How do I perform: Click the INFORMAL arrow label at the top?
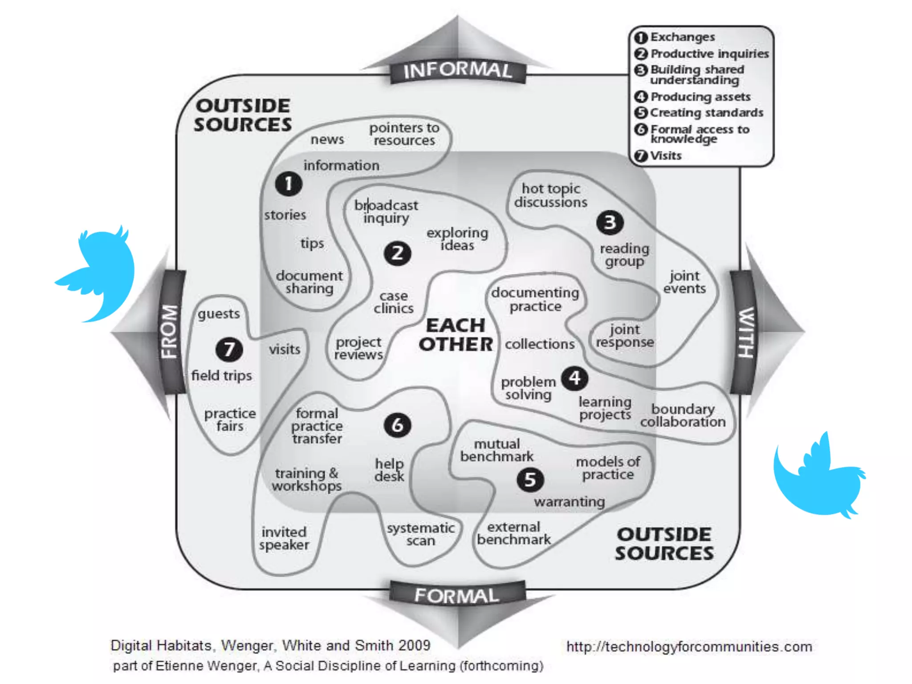tap(458, 71)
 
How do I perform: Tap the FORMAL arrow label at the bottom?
tap(457, 596)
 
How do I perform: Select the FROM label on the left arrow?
tap(171, 331)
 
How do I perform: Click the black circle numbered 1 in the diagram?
tap(289, 183)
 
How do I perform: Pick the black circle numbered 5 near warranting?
tap(530, 480)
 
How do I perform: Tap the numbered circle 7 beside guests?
tap(229, 350)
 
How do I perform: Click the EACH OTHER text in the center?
tap(456, 335)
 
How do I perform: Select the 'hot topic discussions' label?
tap(550, 195)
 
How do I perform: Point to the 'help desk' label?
tap(389, 470)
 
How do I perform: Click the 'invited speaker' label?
tap(284, 538)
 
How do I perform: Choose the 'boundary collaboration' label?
tap(683, 415)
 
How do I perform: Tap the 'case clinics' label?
tap(394, 302)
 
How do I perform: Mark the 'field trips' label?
tap(221, 375)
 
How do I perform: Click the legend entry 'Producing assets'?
tap(700, 97)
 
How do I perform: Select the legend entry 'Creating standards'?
tap(706, 113)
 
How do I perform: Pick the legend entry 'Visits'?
tap(665, 156)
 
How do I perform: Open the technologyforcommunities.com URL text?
tap(689, 647)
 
